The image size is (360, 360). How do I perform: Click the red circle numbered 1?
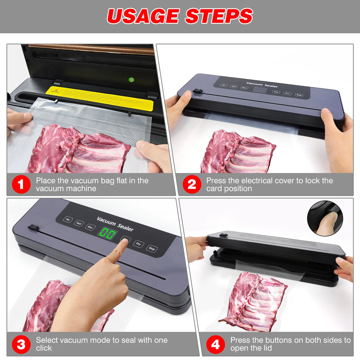click(21, 185)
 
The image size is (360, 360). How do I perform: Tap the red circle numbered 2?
click(192, 185)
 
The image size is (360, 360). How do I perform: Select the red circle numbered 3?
click(21, 344)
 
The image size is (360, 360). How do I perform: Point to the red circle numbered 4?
click(216, 344)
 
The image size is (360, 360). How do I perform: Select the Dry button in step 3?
click(139, 244)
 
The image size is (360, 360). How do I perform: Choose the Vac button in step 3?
click(67, 220)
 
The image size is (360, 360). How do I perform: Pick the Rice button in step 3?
click(90, 227)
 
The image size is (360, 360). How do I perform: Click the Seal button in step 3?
click(79, 223)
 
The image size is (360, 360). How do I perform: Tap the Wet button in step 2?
click(276, 92)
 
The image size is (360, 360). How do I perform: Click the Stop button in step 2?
click(298, 95)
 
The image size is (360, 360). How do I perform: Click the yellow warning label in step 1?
click(99, 98)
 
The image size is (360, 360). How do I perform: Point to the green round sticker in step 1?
click(131, 80)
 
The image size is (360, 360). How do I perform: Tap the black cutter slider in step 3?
click(34, 227)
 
